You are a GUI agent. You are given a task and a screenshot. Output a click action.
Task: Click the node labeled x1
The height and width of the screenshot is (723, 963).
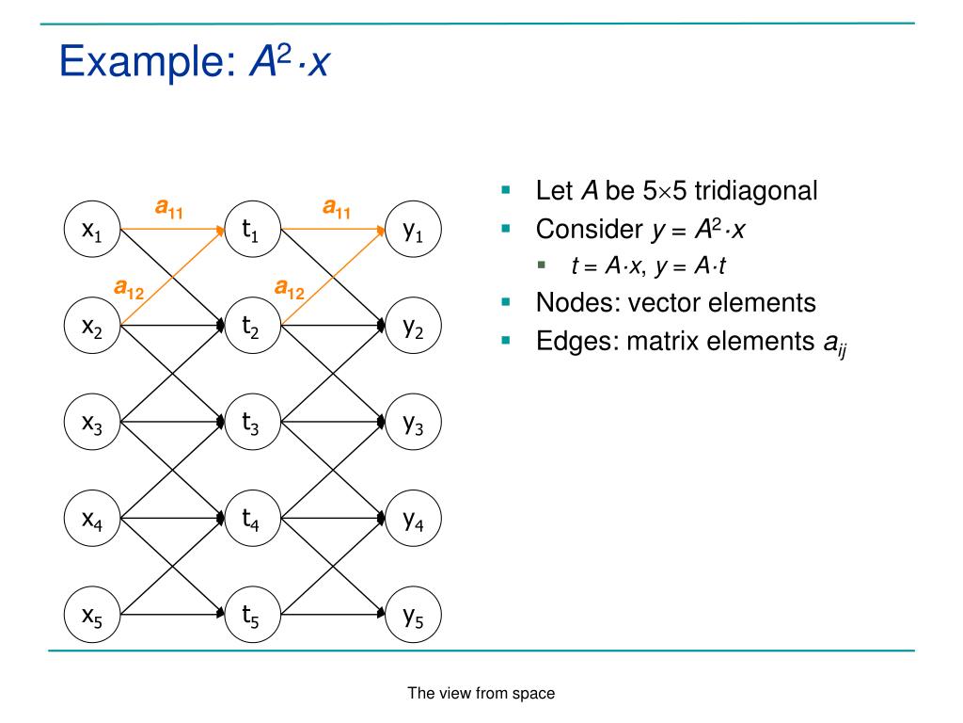[x=92, y=229]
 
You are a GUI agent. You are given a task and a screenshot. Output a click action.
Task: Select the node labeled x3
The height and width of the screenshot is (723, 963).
[x=92, y=424]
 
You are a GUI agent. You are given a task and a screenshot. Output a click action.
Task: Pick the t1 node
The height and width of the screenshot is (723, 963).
[x=252, y=229]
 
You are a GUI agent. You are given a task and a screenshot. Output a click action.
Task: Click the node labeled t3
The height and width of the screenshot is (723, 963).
[x=252, y=424]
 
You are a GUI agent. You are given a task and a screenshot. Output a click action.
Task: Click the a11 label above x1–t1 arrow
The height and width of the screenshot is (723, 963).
[x=170, y=207]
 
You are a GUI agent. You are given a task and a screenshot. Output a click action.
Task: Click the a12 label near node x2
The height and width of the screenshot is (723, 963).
[x=130, y=287]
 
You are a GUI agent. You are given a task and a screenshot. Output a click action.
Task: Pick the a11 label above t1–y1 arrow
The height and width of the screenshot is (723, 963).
[x=337, y=207]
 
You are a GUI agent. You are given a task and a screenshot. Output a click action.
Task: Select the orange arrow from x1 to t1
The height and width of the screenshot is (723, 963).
[x=174, y=229]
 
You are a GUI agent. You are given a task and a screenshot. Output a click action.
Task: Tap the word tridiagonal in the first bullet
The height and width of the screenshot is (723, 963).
[x=756, y=191]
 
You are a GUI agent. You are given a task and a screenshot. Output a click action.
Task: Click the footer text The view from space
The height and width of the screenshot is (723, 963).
[x=481, y=694]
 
